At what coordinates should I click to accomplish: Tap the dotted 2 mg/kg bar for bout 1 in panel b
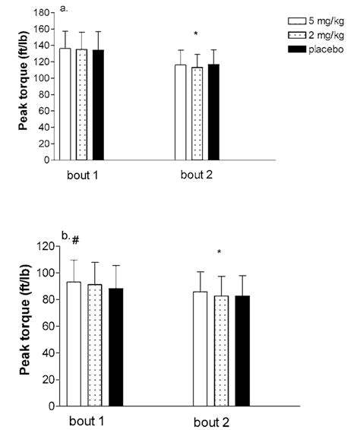click(x=95, y=345)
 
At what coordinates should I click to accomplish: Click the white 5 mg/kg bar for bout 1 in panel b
click(x=74, y=343)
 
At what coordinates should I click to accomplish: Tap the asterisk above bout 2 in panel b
click(x=219, y=253)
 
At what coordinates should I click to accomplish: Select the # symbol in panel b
click(x=76, y=242)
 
